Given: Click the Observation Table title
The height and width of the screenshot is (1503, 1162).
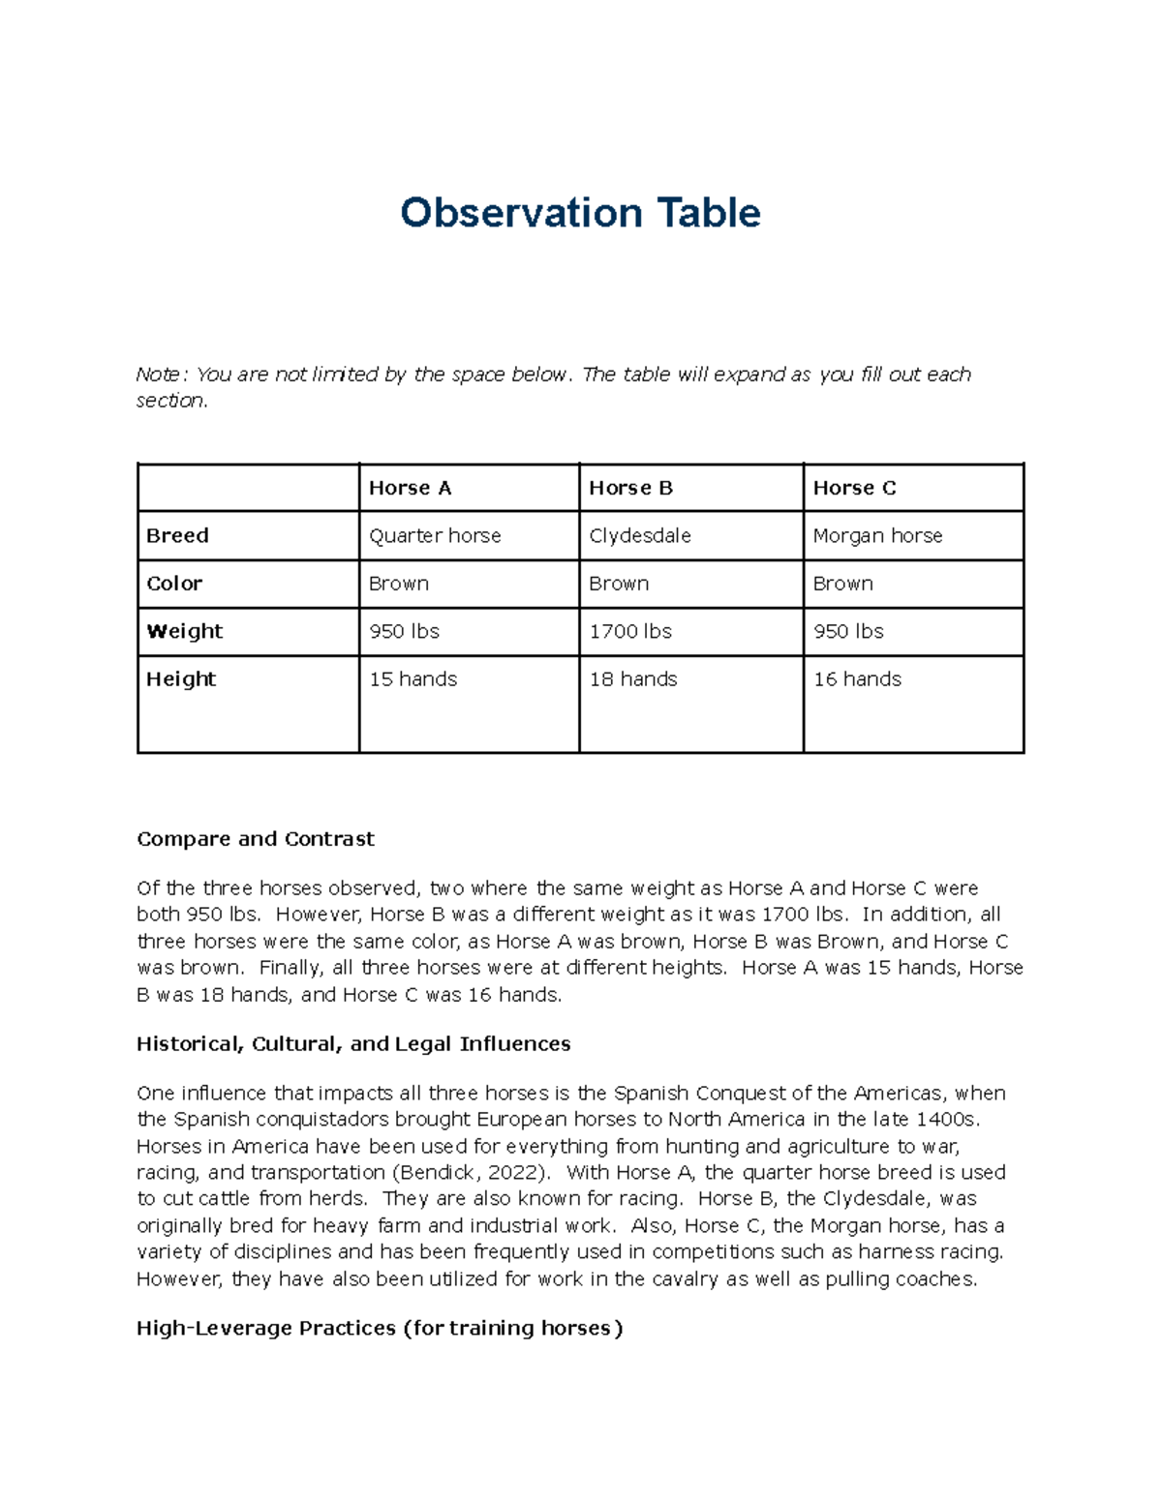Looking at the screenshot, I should [580, 213].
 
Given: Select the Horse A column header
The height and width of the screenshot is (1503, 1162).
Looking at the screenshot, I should [410, 488].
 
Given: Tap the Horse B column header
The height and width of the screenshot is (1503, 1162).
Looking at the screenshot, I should [630, 488].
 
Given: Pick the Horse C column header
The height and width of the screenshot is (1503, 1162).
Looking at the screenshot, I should [854, 488].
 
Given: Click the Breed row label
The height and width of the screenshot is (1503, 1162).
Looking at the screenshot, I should [177, 535].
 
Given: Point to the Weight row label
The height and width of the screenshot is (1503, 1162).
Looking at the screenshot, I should [184, 631].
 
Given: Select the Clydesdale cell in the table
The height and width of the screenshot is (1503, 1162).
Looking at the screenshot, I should [640, 535].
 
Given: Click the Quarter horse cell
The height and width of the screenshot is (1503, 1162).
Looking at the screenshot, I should [435, 535].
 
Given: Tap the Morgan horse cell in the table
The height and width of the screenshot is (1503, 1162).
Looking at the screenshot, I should [877, 535].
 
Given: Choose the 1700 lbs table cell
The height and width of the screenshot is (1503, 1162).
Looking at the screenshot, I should [630, 631].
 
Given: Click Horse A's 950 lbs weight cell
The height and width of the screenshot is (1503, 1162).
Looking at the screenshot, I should [404, 631].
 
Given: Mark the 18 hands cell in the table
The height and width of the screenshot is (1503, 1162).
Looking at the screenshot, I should [633, 679].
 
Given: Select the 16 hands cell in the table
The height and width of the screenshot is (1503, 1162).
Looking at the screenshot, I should [857, 679].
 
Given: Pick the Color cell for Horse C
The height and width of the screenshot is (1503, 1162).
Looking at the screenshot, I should [842, 584].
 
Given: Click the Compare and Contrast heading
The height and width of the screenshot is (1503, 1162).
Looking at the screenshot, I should [255, 839].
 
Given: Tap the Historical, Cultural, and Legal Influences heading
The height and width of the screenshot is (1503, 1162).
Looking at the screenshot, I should [353, 1044].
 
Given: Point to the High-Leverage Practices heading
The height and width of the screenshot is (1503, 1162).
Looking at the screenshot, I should [380, 1328].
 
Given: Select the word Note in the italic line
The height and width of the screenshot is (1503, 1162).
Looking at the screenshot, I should [157, 375].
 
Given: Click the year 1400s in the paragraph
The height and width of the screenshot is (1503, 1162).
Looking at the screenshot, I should [948, 1120].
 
